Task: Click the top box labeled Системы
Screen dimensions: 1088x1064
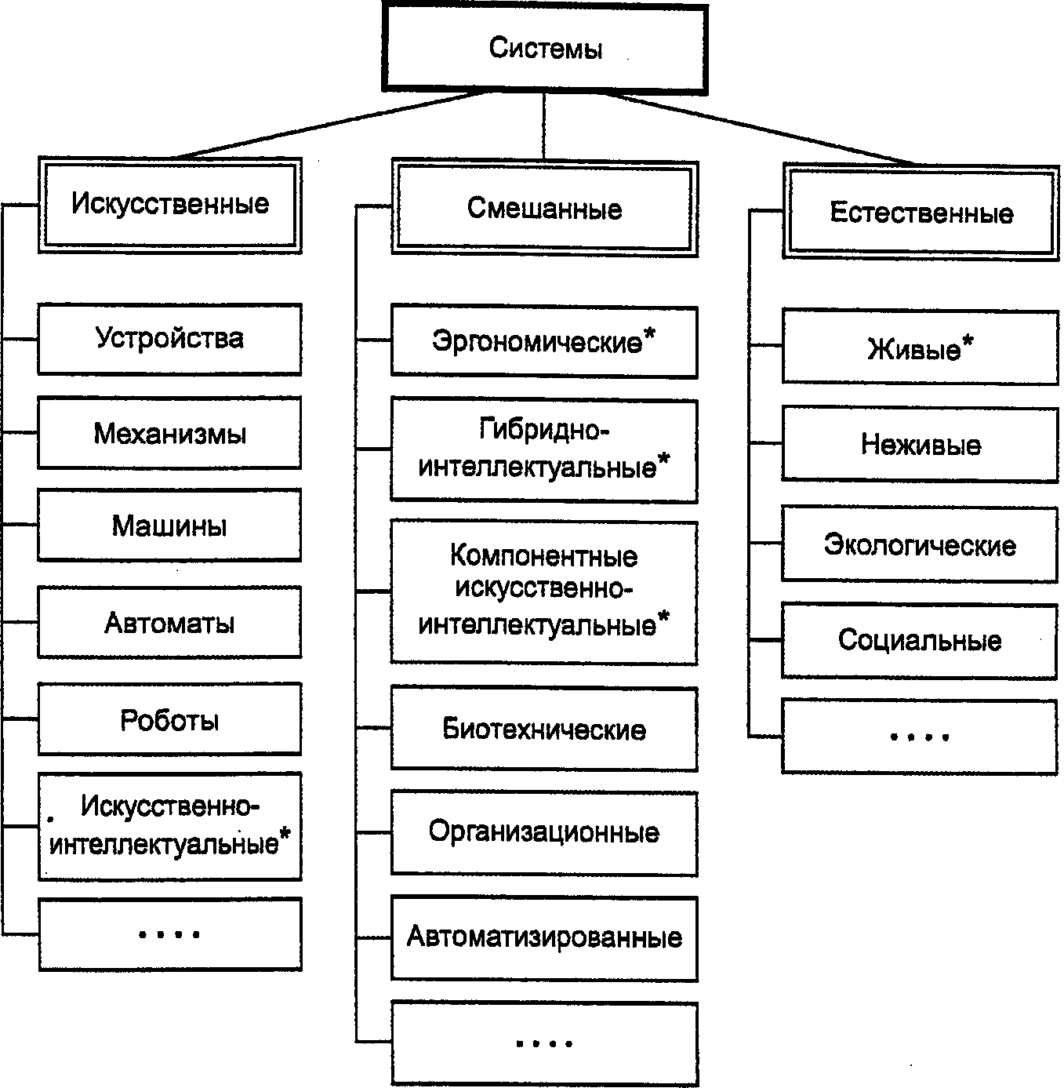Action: [x=546, y=49]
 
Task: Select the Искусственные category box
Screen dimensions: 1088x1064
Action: [x=169, y=205]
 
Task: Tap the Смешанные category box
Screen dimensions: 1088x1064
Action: [x=544, y=209]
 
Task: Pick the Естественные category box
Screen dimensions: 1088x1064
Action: [x=921, y=213]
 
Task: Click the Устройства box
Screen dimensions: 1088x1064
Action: [x=169, y=339]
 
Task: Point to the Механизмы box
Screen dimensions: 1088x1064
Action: [x=169, y=433]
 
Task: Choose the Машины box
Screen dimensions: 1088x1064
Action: [x=169, y=526]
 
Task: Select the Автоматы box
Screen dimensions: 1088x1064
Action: [x=169, y=623]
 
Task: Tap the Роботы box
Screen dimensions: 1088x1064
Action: [x=169, y=719]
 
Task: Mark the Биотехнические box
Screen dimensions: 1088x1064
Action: [x=544, y=729]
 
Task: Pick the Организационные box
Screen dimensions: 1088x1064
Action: [x=544, y=831]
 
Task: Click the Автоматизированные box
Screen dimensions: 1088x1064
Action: [x=544, y=937]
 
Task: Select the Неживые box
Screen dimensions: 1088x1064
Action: [x=921, y=445]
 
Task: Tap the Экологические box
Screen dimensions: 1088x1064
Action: [x=921, y=544]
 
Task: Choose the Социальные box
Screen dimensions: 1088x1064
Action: [x=921, y=640]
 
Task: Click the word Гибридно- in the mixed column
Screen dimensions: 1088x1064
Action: [x=544, y=430]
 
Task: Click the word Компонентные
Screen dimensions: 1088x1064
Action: [x=544, y=556]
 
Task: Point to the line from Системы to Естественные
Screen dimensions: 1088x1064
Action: [x=768, y=129]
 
